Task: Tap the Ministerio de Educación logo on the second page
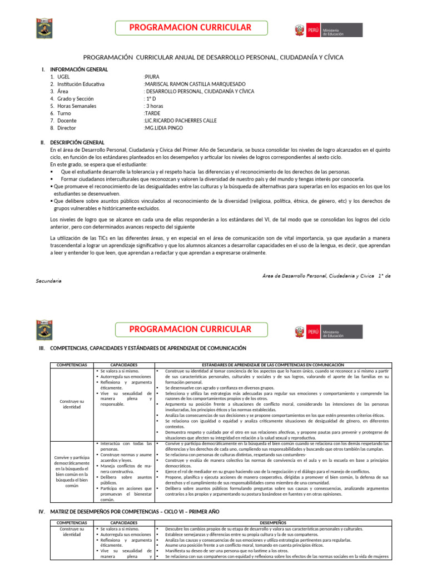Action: point(328,332)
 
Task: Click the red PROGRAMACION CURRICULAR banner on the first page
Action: point(191,28)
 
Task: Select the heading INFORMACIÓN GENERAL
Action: point(78,69)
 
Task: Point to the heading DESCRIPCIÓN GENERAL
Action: point(77,142)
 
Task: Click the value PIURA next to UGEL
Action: point(152,77)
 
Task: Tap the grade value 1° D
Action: point(150,98)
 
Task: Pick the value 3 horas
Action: point(154,106)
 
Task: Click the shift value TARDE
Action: point(152,113)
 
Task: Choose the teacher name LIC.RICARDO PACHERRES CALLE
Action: point(180,120)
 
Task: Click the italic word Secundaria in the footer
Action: point(49,281)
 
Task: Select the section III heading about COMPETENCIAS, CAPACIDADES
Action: point(147,348)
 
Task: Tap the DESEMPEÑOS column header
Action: point(273,523)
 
